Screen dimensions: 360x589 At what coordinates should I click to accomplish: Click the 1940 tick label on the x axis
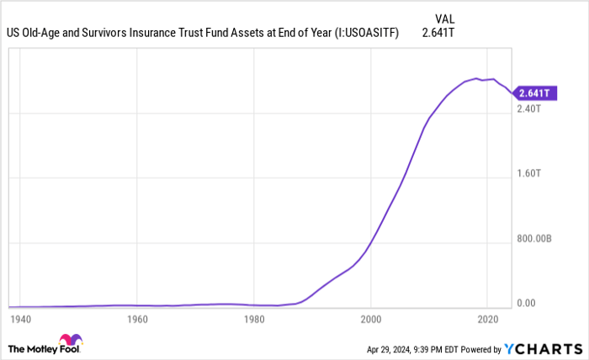[20, 320]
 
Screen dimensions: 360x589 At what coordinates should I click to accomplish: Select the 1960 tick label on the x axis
[137, 320]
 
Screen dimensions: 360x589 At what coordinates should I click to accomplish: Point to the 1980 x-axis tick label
[254, 320]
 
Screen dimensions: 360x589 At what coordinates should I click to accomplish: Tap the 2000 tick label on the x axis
[370, 320]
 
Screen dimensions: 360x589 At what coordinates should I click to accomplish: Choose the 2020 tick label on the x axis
[487, 320]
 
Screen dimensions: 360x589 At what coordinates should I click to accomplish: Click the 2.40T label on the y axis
[529, 109]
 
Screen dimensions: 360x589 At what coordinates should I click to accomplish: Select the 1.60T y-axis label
[529, 173]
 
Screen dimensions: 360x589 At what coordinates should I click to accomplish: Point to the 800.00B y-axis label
[534, 239]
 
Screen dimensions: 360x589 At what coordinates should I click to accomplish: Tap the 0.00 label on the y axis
[527, 303]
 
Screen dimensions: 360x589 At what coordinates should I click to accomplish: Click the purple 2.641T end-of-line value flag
[533, 93]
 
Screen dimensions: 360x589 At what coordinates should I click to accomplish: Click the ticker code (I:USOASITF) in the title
[366, 34]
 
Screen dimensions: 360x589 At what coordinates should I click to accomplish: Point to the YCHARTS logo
[543, 348]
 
